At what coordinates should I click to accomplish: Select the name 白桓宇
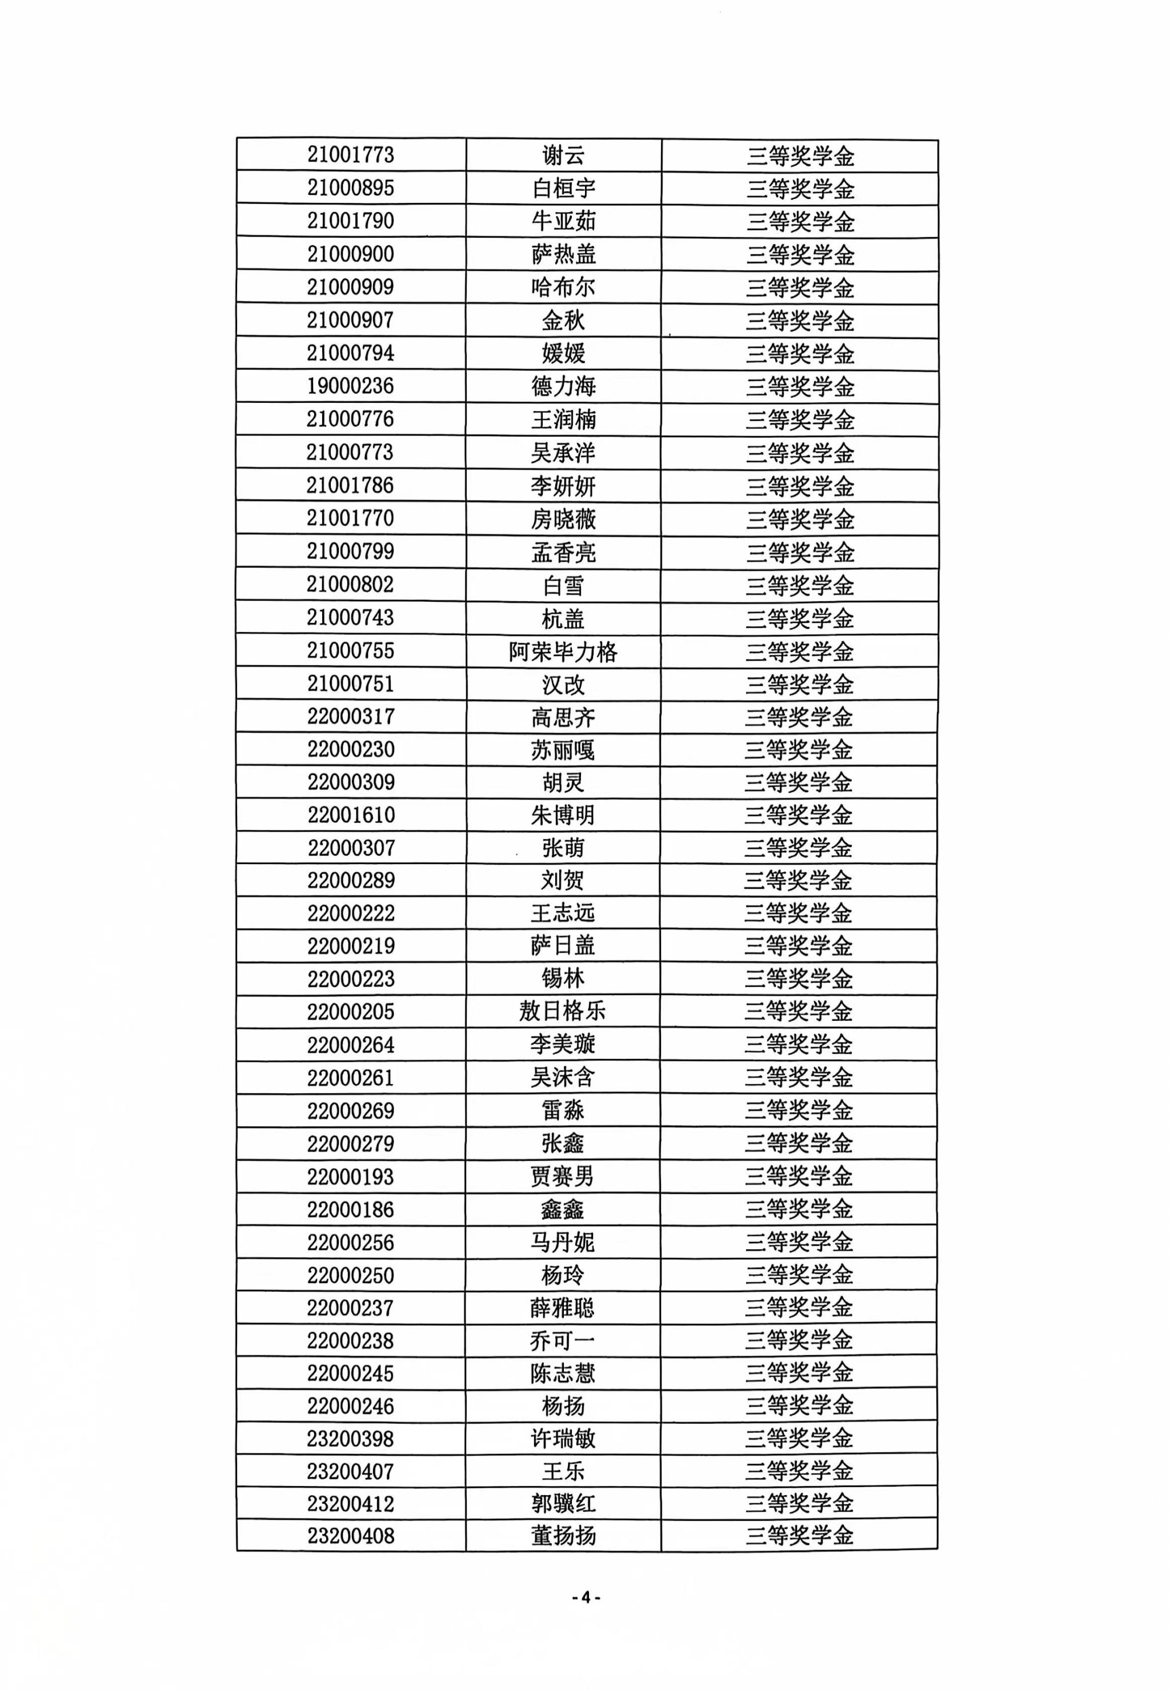point(563,189)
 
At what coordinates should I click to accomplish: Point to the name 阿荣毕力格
point(563,651)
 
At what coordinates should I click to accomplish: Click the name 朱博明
point(563,816)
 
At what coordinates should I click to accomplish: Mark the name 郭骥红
point(563,1504)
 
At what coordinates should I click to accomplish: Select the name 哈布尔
point(563,287)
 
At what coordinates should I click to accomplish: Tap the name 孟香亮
point(563,552)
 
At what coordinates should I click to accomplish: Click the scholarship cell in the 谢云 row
point(800,156)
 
